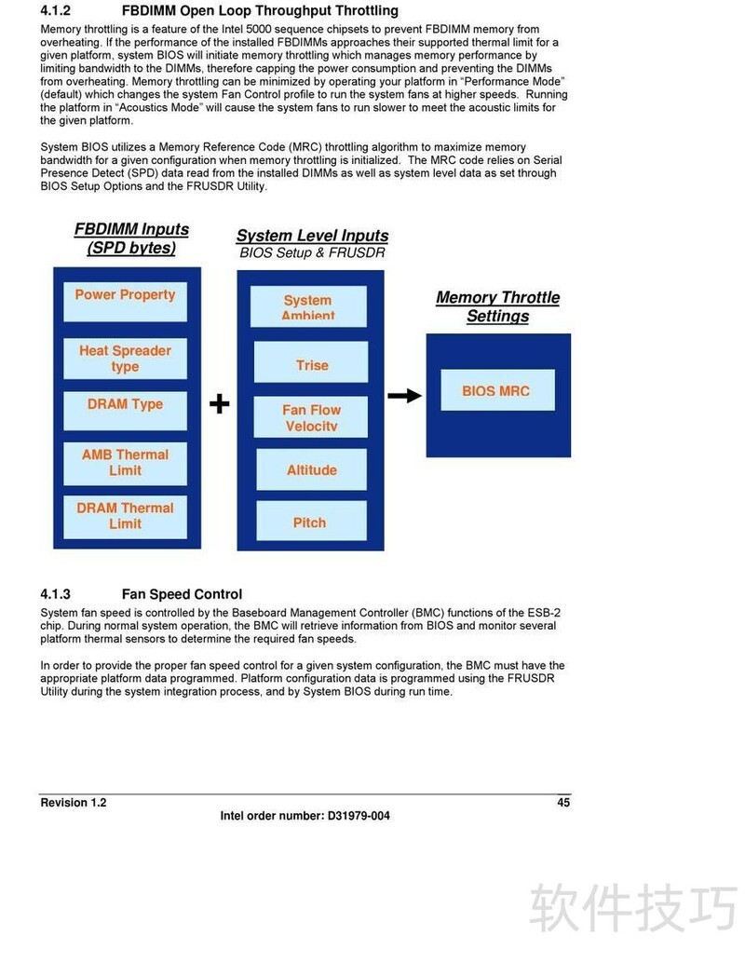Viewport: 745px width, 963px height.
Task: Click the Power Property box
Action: (125, 301)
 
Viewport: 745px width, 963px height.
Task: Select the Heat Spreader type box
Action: (125, 359)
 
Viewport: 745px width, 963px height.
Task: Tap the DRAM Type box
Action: (125, 410)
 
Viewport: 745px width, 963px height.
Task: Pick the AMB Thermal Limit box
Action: (125, 463)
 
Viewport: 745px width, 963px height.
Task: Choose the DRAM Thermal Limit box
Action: (125, 516)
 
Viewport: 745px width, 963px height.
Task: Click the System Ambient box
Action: (308, 305)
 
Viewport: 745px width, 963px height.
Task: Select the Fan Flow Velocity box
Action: (312, 417)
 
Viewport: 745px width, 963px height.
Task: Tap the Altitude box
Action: (312, 469)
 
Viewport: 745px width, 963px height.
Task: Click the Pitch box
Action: (310, 522)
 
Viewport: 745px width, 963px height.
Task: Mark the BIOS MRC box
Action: (496, 390)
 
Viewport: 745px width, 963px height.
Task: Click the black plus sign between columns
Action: (219, 403)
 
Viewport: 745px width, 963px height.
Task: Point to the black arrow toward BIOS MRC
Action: (404, 396)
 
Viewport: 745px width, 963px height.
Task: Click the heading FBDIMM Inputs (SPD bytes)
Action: (131, 238)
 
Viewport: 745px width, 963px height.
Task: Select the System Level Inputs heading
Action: (312, 236)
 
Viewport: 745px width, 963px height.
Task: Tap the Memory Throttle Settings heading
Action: (498, 306)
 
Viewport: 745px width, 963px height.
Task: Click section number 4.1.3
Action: (56, 594)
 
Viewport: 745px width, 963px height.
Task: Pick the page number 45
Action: (563, 802)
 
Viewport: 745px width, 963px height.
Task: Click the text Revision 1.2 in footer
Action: (74, 803)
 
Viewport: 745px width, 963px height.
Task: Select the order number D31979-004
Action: (359, 816)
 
